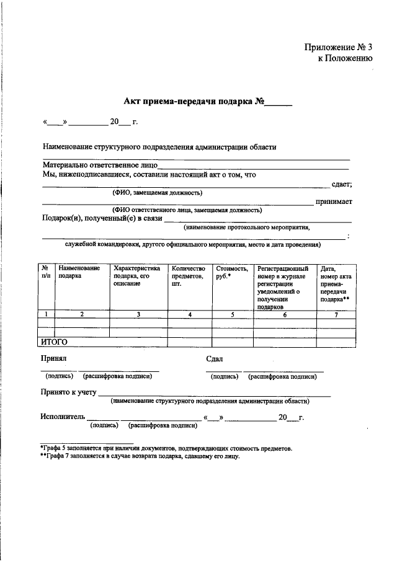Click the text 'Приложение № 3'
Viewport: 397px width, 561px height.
[338, 48]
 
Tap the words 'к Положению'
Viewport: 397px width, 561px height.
[345, 59]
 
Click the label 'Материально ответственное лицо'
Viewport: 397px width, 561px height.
[100, 166]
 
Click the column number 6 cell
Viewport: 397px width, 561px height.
[285, 314]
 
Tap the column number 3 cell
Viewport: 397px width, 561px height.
[138, 314]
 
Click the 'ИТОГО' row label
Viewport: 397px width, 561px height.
[54, 342]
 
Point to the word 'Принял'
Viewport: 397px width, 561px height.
[54, 359]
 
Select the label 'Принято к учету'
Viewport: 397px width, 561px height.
[68, 392]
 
